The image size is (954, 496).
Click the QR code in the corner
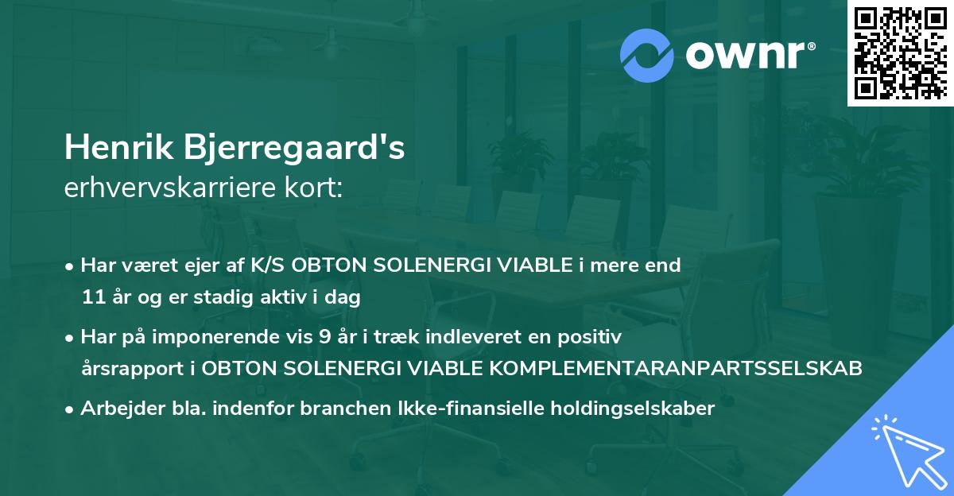[900, 52]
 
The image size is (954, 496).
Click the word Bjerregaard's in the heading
[294, 149]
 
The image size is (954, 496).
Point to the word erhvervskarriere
[176, 188]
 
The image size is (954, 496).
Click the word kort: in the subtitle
[318, 188]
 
